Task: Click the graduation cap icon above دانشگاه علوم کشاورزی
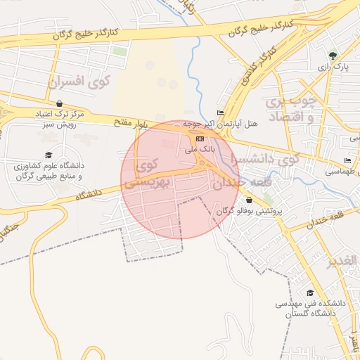tap(48, 155)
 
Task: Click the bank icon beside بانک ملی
tap(200, 139)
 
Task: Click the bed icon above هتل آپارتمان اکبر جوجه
tap(221, 112)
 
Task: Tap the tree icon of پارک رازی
tap(333, 55)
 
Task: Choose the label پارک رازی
tap(333, 67)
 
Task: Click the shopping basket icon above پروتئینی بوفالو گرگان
tap(249, 200)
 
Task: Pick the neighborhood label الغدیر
tap(343, 262)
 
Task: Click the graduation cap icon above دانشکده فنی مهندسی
tap(309, 292)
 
